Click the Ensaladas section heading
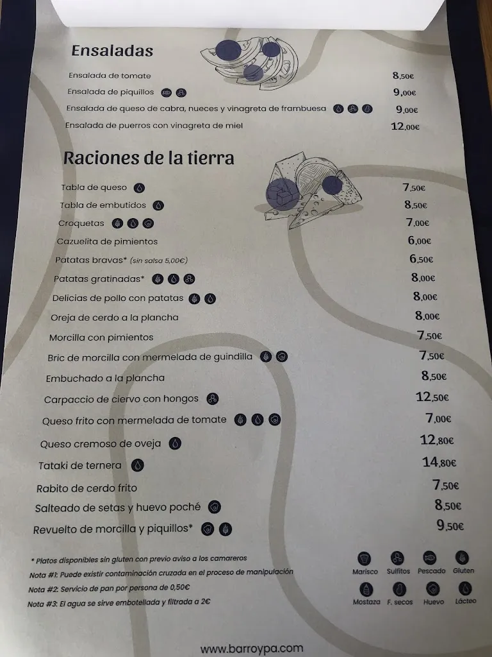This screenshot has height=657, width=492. coord(112,51)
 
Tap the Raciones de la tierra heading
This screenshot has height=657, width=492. coord(149,158)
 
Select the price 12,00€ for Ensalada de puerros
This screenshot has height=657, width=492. coord(405,126)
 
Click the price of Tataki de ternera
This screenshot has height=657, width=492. coord(439,462)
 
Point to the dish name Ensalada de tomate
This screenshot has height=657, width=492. coord(110,76)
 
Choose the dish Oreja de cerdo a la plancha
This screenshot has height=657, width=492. coord(115,318)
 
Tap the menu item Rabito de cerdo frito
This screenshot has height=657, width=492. coord(86,488)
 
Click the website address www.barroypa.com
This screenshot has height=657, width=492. coord(252,649)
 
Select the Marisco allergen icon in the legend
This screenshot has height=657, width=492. coord(365,559)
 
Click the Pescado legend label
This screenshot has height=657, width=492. coord(431,571)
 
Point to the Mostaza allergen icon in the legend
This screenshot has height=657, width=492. coord(366,589)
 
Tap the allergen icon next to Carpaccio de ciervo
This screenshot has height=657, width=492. coord(213,399)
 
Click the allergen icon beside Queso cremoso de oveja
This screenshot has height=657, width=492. coord(175,443)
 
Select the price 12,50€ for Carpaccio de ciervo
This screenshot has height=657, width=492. coord(432,397)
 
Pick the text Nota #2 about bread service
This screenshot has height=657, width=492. coord(109,588)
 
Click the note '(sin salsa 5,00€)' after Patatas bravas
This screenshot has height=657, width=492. coord(159,260)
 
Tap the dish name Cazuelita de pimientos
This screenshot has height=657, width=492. coord(108,241)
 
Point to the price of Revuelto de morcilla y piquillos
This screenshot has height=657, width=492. coord(450,525)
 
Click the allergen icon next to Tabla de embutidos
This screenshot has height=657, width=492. coord(158,205)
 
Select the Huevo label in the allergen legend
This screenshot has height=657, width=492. coord(434,602)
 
